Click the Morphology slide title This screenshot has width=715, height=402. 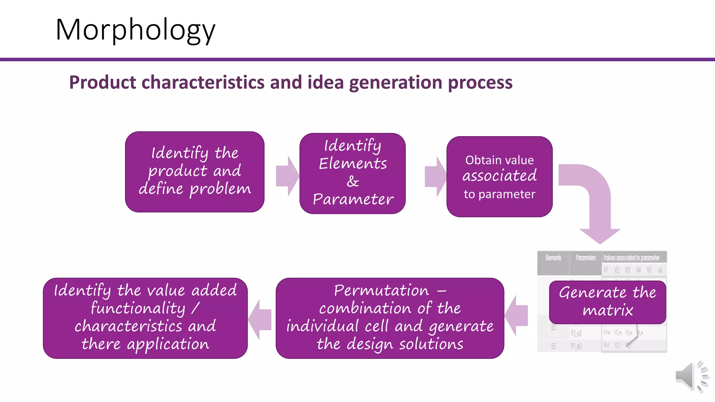coord(135,30)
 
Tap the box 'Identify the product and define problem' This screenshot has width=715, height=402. coord(194,172)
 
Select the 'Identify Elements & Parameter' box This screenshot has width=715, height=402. coord(352,173)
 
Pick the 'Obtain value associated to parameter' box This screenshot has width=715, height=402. coord(499,177)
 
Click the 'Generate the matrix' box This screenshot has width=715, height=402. coord(607,302)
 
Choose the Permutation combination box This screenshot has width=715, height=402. coord(390,318)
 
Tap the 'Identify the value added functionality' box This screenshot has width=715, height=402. coord(145,318)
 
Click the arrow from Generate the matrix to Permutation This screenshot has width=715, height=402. coord(517,315)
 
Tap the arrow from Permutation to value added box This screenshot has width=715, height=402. coord(260,319)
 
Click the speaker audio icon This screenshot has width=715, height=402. coord(691,376)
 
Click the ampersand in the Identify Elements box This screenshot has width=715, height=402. coord(353,181)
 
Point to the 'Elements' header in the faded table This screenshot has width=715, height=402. coord(553,258)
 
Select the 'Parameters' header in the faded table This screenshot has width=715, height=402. coord(585,258)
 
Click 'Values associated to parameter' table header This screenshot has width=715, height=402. coord(631,258)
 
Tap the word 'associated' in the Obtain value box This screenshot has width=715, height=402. coord(499,176)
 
